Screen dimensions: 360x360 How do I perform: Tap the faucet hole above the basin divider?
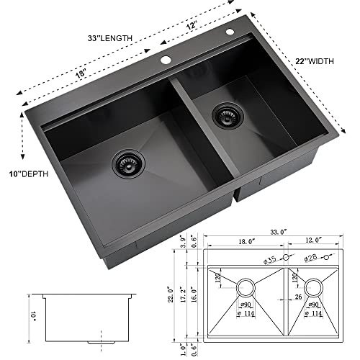166,60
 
